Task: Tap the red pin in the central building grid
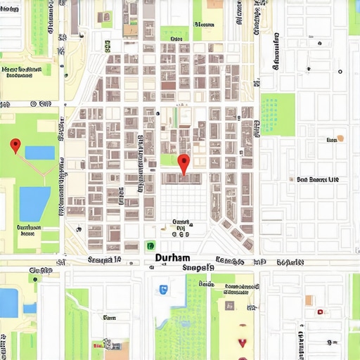coord(184,164)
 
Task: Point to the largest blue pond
coord(34,194)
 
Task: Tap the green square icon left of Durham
coord(150,246)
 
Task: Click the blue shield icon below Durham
coord(163,289)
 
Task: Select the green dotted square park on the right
coord(278,114)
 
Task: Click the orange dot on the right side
coord(341,139)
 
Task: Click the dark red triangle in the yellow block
coord(243,343)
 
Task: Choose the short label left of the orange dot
coord(331,140)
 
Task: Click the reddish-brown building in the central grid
coord(169,86)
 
